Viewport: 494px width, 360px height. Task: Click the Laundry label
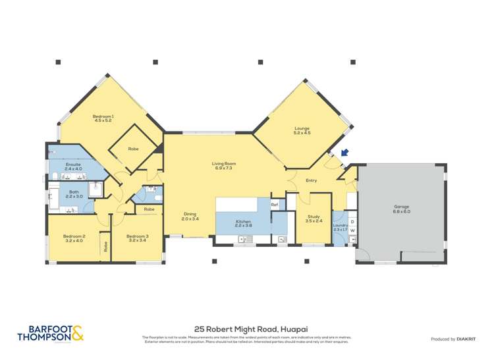340,226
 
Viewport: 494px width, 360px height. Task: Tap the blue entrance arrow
343,154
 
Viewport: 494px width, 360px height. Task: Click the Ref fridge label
275,205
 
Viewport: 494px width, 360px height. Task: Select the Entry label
312,180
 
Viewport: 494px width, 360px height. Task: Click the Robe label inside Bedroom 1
133,149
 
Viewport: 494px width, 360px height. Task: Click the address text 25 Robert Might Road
246,328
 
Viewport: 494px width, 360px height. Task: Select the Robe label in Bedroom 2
105,247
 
